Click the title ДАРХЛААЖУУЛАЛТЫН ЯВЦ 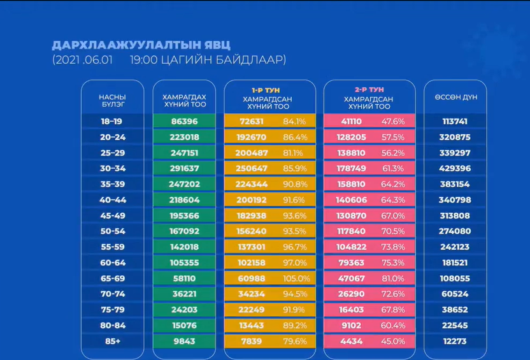pyautogui.click(x=141, y=45)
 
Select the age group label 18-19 pyautogui.click(x=112, y=121)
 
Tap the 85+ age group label pyautogui.click(x=112, y=341)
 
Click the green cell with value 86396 pyautogui.click(x=185, y=121)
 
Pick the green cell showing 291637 pyautogui.click(x=185, y=168)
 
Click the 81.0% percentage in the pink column pyautogui.click(x=393, y=278)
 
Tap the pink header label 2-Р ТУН pyautogui.click(x=369, y=90)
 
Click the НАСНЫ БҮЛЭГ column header pyautogui.click(x=112, y=101)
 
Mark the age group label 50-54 pyautogui.click(x=112, y=231)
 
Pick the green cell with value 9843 pyautogui.click(x=185, y=341)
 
